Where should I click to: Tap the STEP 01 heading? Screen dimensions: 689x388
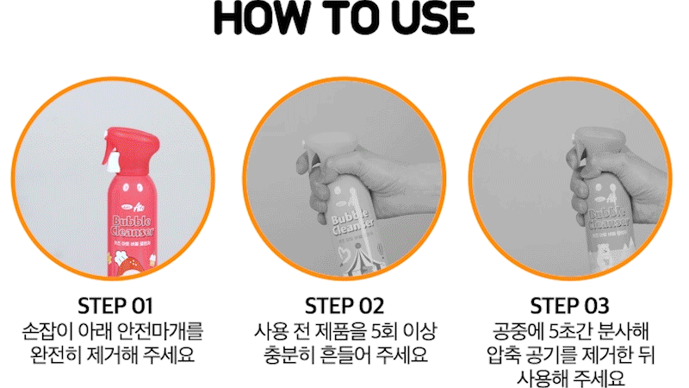point(115,306)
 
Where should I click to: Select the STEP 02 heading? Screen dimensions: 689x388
point(344,306)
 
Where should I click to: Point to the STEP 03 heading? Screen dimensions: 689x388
point(569,306)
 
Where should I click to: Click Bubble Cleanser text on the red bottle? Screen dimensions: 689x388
point(132,226)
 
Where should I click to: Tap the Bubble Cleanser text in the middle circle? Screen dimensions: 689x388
point(352,222)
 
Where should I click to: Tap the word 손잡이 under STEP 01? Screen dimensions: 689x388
point(47,332)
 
